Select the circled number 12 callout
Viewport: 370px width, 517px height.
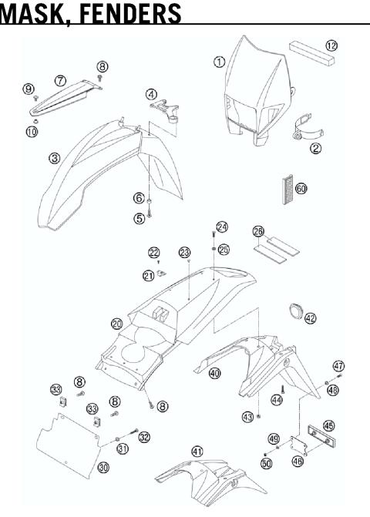coord(331,46)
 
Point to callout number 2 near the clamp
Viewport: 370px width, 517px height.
coord(315,148)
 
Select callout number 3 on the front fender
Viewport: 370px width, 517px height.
coord(55,159)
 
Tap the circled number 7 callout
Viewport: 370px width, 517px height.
coord(61,80)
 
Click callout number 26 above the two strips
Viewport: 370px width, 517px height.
coord(259,231)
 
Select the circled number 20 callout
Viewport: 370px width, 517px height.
coord(116,324)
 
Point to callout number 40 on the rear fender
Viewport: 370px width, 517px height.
coord(214,373)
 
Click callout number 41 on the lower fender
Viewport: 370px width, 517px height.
coord(197,452)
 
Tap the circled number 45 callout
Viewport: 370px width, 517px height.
coord(328,425)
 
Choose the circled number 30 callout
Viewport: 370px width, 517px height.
coord(103,467)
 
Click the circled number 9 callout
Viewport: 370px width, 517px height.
coord(29,90)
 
